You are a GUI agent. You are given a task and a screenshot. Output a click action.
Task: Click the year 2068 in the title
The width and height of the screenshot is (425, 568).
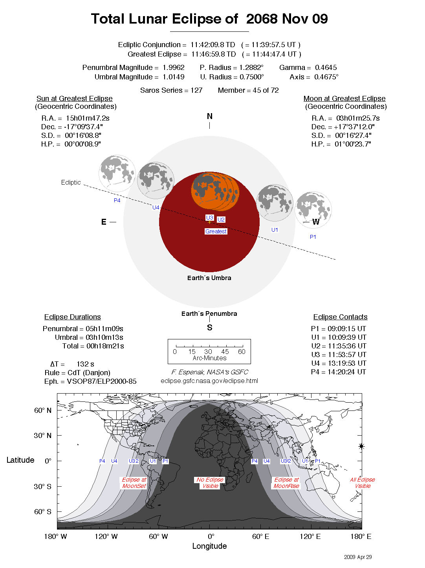pos(262,19)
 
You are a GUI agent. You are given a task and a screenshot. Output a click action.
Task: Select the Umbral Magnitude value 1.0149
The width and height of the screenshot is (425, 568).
pos(173,77)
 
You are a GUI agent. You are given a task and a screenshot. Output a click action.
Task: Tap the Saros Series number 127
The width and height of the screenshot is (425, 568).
pos(196,90)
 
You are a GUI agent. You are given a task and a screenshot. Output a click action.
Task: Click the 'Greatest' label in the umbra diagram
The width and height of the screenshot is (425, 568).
pos(216,231)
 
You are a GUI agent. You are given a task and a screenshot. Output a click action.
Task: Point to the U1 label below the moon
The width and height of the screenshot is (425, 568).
pos(275,230)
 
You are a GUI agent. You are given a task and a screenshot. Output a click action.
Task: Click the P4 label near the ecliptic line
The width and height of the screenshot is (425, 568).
pos(117,200)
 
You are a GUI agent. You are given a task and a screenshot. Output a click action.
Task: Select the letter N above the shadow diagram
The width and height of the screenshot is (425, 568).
pos(209,116)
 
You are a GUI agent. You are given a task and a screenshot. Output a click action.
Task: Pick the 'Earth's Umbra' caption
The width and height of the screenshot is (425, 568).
pos(209,278)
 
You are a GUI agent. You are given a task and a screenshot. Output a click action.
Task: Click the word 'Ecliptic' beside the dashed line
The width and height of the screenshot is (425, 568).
pos(71,182)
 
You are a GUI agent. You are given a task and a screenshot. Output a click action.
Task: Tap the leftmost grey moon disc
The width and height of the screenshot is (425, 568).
pos(117,173)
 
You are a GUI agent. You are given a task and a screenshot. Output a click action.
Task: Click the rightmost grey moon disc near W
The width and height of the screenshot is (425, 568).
pos(313,209)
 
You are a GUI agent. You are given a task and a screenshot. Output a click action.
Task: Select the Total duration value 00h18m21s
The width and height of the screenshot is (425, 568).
pos(105,346)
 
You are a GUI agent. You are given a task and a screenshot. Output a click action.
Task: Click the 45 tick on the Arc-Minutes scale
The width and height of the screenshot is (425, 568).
pos(225,352)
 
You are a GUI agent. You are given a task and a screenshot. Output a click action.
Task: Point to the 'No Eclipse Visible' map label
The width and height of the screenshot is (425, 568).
pos(210,483)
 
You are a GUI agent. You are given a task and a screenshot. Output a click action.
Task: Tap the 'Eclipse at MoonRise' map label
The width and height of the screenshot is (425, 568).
pos(286,483)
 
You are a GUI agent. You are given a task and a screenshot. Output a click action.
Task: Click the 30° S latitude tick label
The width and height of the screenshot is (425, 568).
pos(42,486)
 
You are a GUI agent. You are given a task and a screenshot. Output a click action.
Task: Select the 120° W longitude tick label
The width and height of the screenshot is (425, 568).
pos(106,537)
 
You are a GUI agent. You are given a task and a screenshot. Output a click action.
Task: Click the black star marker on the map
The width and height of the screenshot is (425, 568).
pos(361,446)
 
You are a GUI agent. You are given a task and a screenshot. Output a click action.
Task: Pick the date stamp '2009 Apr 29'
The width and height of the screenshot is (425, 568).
pos(357,557)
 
